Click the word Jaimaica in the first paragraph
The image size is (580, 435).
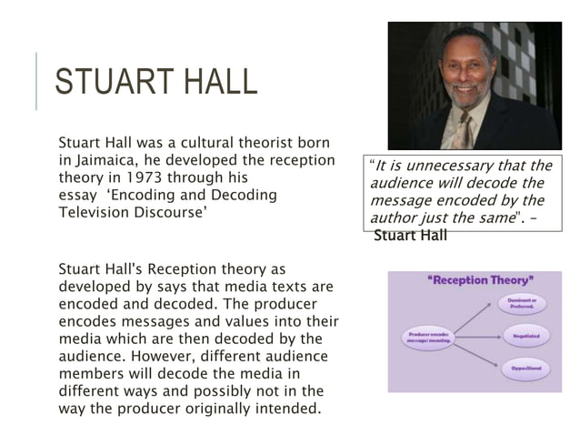pyautogui.click(x=106, y=161)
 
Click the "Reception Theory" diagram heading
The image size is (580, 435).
pyautogui.click(x=479, y=281)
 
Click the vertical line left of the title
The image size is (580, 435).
pyautogui.click(x=37, y=82)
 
